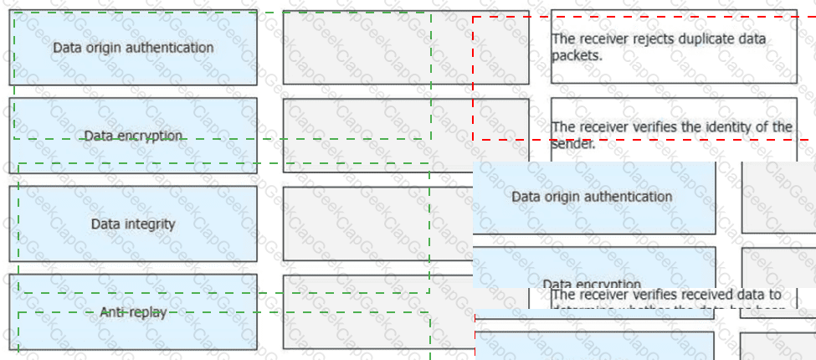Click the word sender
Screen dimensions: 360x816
coord(572,143)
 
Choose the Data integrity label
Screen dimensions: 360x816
coord(133,224)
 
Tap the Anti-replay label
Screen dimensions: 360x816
coord(133,312)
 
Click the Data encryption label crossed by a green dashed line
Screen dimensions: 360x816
coord(133,136)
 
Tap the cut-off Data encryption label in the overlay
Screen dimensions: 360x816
coord(592,283)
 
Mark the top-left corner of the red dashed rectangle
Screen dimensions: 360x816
coord(473,17)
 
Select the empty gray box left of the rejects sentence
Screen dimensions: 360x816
coord(405,48)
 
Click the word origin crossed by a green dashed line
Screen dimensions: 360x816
coord(101,48)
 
